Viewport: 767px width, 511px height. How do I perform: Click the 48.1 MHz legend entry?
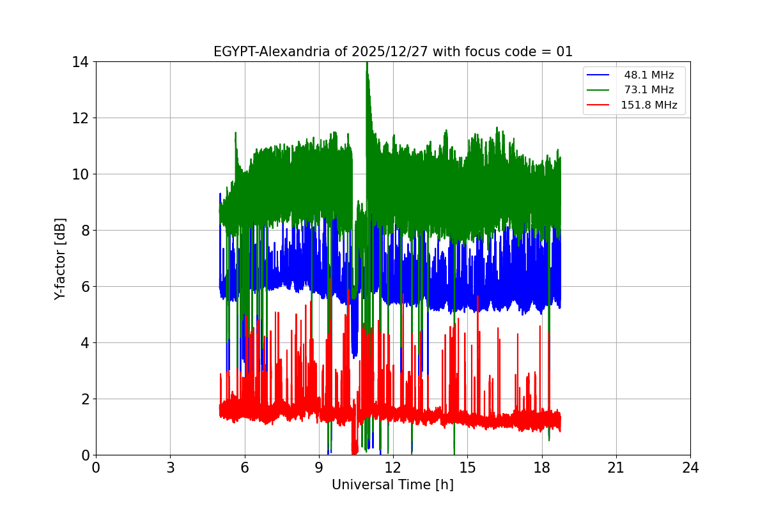click(649, 75)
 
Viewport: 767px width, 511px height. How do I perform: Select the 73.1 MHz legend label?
click(649, 90)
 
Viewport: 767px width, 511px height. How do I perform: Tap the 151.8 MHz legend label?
click(649, 105)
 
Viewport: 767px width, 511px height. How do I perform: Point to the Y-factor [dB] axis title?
click(60, 258)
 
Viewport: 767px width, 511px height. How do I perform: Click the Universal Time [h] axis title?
click(392, 485)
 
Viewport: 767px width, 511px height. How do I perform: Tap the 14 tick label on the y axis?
click(80, 62)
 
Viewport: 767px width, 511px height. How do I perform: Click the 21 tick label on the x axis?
click(616, 468)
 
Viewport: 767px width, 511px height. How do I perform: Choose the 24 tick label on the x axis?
click(690, 468)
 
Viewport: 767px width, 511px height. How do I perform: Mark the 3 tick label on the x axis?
click(170, 468)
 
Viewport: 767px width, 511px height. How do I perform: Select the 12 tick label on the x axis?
click(393, 468)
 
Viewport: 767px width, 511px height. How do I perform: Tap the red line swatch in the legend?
click(598, 105)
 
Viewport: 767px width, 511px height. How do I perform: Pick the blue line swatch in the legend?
click(598, 75)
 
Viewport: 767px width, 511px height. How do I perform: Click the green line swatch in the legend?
click(598, 90)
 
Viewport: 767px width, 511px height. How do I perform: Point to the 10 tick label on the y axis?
click(80, 174)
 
